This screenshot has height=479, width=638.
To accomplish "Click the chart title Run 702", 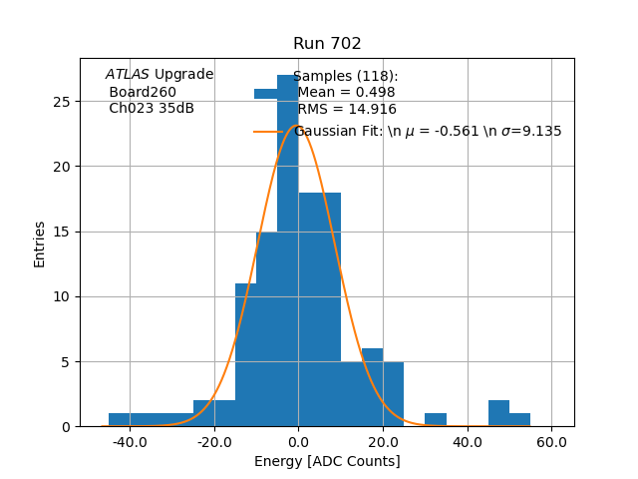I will [x=327, y=44].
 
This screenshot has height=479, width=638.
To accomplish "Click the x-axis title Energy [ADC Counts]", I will [x=327, y=461].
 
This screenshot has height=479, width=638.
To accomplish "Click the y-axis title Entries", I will [x=40, y=243].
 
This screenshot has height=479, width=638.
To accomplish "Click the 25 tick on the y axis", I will [x=62, y=102].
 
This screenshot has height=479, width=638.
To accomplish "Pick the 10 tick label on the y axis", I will [x=62, y=296].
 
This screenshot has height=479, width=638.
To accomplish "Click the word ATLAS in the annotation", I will [x=128, y=75].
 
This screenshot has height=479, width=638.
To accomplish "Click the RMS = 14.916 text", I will [x=347, y=110].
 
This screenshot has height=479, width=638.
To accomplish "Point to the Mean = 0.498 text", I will [x=346, y=93].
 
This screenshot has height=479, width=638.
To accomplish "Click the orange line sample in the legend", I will [x=266, y=131].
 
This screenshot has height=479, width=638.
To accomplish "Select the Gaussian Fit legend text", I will [x=427, y=131].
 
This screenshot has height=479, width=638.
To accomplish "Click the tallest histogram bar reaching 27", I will [x=288, y=249].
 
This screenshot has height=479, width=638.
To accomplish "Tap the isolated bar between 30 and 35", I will [x=436, y=420].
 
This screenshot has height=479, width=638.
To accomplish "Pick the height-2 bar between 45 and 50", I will [x=498, y=413].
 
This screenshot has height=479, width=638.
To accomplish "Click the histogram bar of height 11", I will [x=245, y=354].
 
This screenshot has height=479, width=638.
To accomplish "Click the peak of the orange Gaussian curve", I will [x=294, y=126].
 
